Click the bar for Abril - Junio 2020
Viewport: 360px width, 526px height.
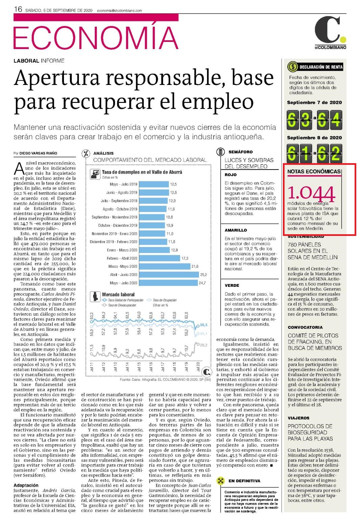[169, 275]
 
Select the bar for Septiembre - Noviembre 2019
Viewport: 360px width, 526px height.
[152, 217]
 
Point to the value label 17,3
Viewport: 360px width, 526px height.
[185, 258]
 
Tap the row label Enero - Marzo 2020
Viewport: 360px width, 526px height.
[122, 250]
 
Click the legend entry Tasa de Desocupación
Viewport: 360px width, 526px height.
[119, 305]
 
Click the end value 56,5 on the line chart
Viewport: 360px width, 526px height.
[203, 325]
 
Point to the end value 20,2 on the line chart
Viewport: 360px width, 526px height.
[203, 345]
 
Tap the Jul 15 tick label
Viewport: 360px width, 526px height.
[139, 367]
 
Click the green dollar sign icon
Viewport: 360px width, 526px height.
[292, 67]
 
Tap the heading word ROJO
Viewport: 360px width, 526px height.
[230, 175]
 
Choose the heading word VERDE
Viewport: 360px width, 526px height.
[232, 285]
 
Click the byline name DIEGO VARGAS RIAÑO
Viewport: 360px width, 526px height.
[38, 153]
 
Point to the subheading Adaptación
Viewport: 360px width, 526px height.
[26, 485]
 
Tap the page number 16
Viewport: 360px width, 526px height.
[18, 9]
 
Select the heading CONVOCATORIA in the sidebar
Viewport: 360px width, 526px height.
[305, 327]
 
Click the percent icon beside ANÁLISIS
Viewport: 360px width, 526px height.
[86, 153]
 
